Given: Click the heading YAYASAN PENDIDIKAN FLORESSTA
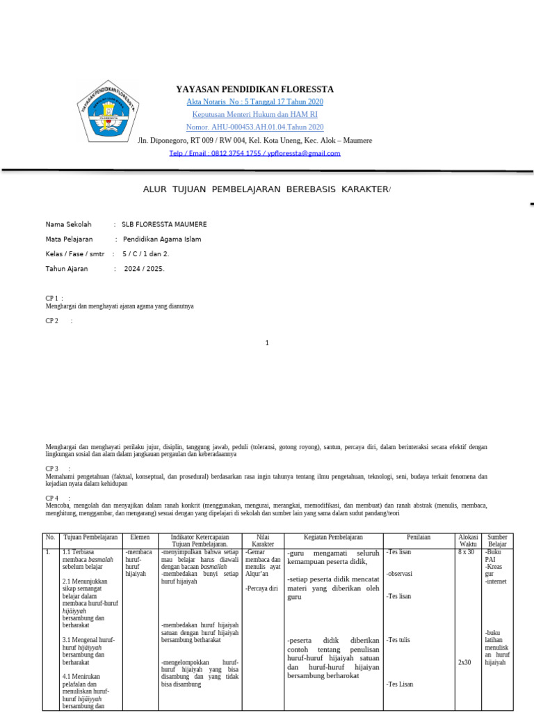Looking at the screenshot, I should [x=254, y=89].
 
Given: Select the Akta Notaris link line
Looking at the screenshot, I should [x=254, y=102].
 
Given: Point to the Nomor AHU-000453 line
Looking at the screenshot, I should [x=254, y=127].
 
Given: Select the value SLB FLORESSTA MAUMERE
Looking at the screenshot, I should [x=164, y=224].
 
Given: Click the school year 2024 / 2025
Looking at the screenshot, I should [x=144, y=268].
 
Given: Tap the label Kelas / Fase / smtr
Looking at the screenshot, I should [x=74, y=253].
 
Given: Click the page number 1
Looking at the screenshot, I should [x=267, y=343].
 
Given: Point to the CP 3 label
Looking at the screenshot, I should [x=52, y=469].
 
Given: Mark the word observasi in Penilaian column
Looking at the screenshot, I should [x=400, y=574].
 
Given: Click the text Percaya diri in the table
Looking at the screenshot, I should [x=261, y=588].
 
